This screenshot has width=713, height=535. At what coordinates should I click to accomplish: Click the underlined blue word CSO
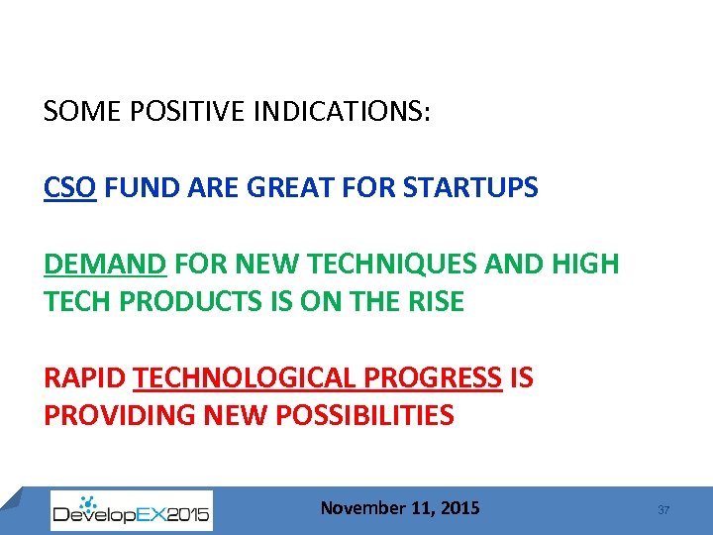pos(69,187)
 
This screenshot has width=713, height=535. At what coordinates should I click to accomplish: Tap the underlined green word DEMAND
pos(105,265)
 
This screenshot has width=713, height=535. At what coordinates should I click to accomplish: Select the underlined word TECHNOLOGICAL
pos(249,378)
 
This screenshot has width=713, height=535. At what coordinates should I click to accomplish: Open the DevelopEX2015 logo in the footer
pos(131,510)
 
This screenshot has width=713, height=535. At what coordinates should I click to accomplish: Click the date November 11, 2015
pos(400,508)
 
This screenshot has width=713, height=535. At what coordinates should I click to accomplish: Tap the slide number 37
pos(663,510)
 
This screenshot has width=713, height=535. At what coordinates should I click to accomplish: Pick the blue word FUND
pos(135,187)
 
